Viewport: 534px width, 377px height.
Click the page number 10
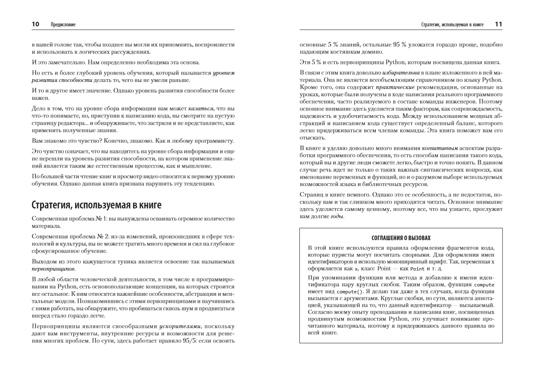(x=35, y=24)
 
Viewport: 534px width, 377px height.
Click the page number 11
(x=499, y=24)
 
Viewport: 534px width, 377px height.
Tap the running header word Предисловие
(x=63, y=25)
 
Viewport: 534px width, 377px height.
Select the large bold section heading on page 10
(x=96, y=205)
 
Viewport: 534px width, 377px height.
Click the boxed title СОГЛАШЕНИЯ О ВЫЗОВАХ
(x=401, y=238)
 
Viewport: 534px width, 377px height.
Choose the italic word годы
(x=337, y=216)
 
